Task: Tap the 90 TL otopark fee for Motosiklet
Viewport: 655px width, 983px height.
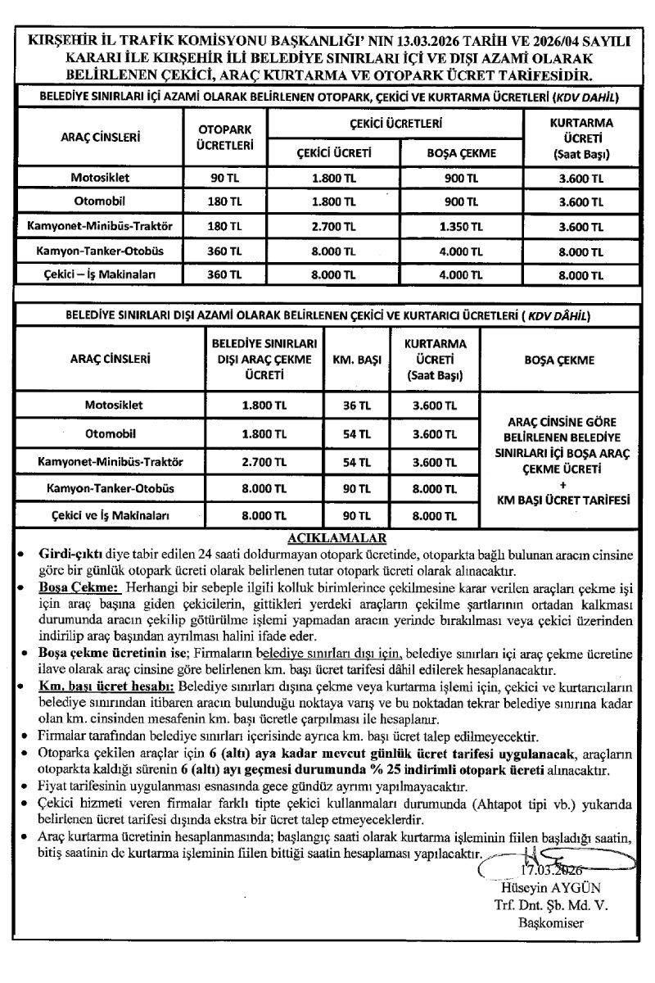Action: (x=225, y=177)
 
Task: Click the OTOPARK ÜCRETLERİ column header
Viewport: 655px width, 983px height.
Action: (x=225, y=137)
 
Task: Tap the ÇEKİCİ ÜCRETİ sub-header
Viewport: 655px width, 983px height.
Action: (x=332, y=152)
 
